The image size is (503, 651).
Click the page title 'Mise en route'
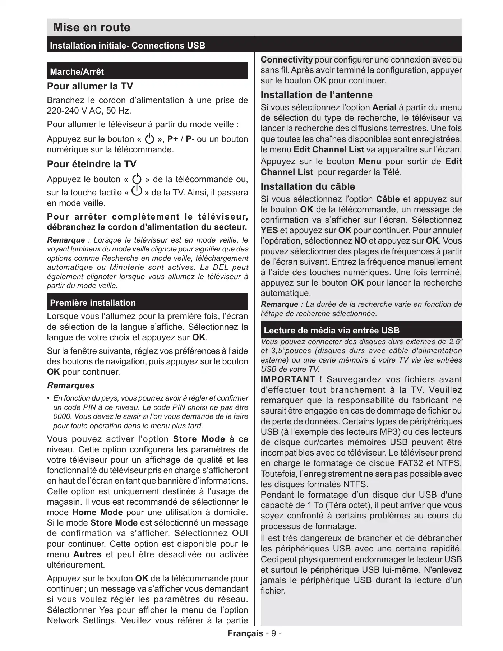(92, 27)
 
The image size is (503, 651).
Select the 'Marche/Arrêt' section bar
(147, 71)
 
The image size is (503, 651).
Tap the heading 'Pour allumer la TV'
(90, 86)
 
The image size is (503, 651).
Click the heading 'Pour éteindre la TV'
(92, 164)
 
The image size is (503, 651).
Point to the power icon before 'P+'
(149, 139)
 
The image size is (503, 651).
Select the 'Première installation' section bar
(147, 303)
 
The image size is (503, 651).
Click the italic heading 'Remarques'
(71, 385)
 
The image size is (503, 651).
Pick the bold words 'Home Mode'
(97, 512)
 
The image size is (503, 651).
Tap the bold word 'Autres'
(87, 554)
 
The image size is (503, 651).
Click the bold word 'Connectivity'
(286, 60)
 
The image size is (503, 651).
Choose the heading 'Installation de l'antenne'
(316, 95)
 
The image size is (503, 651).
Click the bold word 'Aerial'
(384, 107)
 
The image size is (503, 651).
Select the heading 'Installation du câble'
(308, 186)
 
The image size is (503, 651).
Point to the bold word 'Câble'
(388, 199)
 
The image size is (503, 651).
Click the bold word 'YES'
(269, 230)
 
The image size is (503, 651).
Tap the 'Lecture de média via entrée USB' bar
(361, 330)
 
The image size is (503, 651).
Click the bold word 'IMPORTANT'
(287, 379)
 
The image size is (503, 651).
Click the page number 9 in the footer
(274, 633)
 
